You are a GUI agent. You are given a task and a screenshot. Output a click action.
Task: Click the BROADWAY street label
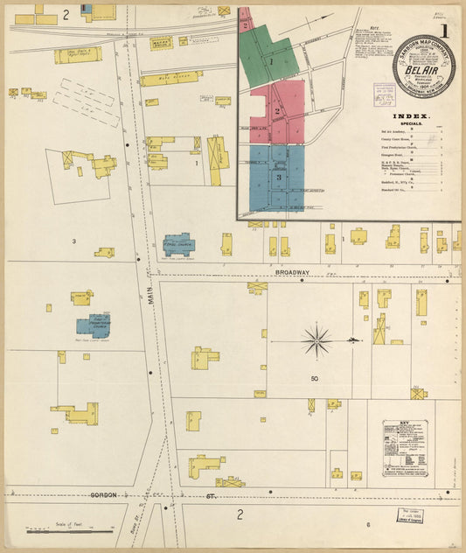(x=293, y=273)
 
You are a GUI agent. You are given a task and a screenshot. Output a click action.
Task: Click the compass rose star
(x=316, y=339)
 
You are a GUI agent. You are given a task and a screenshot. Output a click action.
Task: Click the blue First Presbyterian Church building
(x=93, y=325)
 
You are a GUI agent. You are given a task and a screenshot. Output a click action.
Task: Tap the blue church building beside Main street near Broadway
(x=178, y=244)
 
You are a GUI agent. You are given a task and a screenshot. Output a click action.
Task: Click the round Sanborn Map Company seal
(x=423, y=66)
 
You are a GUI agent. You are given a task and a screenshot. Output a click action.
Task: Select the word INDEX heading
(x=411, y=116)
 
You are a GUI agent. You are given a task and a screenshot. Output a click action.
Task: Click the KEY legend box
(x=405, y=447)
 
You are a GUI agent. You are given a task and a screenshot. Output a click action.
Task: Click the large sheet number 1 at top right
(x=446, y=31)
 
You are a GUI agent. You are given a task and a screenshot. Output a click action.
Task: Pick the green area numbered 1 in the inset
(x=273, y=62)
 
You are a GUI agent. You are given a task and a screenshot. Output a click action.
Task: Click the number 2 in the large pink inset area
(x=277, y=111)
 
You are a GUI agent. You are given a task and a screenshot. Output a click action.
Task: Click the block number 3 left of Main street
(x=73, y=241)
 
